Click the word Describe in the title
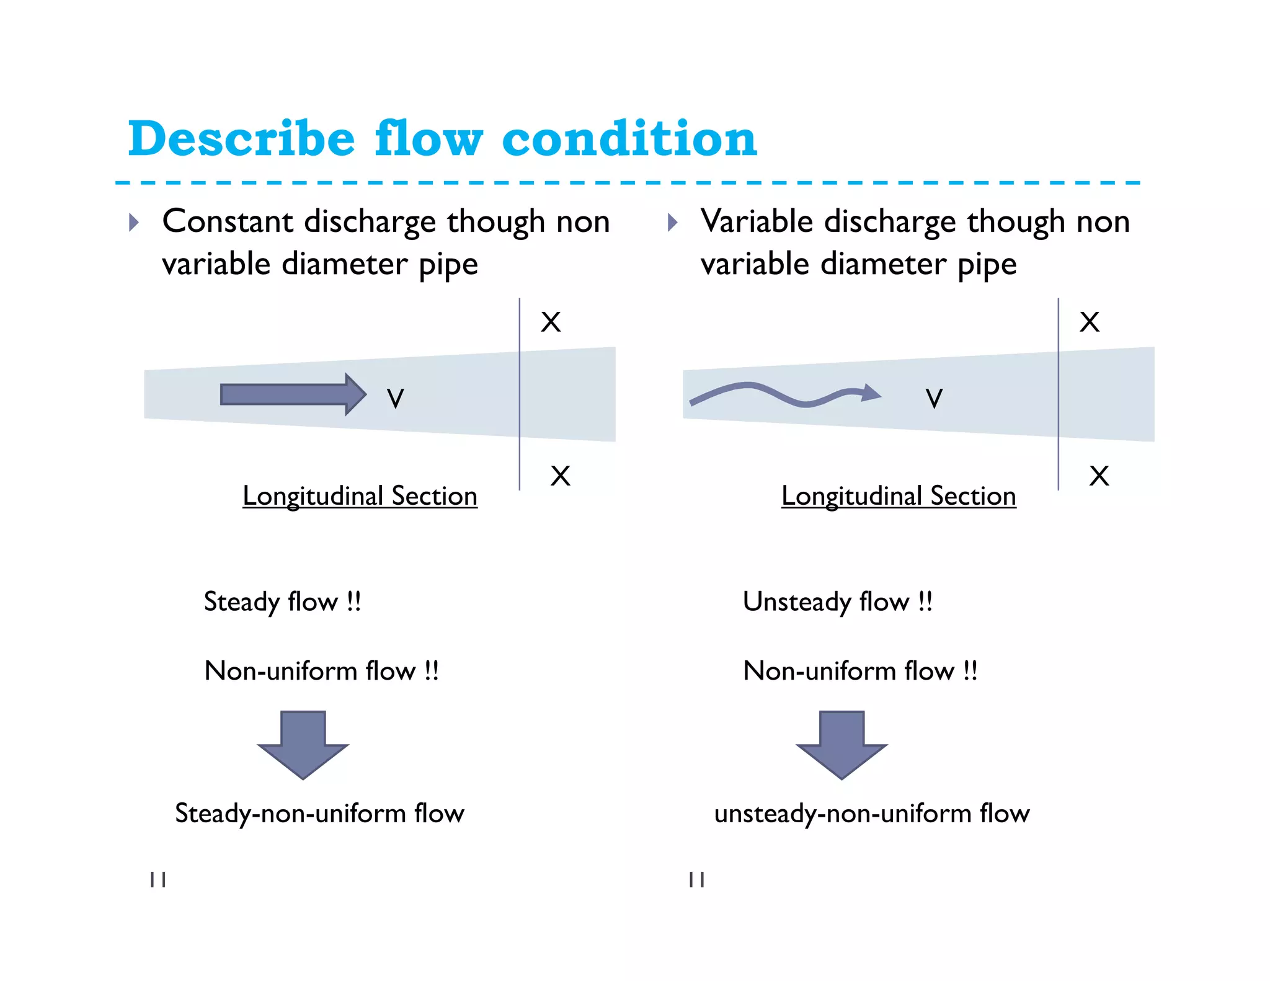tap(241, 139)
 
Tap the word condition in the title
tap(629, 139)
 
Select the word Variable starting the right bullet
tap(756, 221)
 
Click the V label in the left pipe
tap(395, 398)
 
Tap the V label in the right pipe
tap(934, 398)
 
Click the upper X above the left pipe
tap(551, 322)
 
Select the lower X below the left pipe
tap(560, 476)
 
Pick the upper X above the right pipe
tap(1090, 322)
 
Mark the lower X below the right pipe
tap(1099, 476)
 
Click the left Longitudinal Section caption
tap(360, 496)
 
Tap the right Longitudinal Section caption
tap(899, 496)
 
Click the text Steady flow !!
tap(282, 602)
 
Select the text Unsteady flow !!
tap(837, 602)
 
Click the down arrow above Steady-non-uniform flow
tap(303, 744)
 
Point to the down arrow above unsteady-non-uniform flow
tap(841, 744)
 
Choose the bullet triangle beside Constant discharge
tap(133, 222)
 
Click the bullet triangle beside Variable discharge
tap(672, 222)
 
